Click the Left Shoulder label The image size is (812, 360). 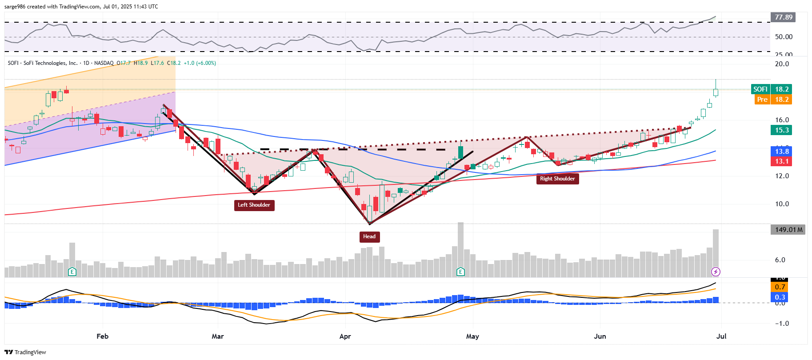[254, 205]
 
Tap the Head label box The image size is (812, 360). [369, 236]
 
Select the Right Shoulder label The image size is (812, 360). [557, 179]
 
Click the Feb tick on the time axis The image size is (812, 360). [102, 336]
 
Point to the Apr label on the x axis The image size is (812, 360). [345, 336]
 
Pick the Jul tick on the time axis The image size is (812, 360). [721, 336]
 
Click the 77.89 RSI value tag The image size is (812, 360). [783, 17]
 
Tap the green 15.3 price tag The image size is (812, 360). [782, 130]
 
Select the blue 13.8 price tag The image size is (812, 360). [782, 152]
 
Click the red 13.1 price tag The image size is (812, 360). [782, 161]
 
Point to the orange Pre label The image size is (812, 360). [762, 100]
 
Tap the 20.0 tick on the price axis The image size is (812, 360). [782, 64]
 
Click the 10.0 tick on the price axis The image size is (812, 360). [782, 204]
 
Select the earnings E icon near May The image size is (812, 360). [461, 272]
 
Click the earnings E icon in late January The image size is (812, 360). [72, 272]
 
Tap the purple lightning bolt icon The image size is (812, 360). [716, 272]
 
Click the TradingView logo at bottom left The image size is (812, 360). [25, 352]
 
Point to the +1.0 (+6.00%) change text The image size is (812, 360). [200, 63]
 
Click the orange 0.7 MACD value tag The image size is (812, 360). [780, 287]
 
